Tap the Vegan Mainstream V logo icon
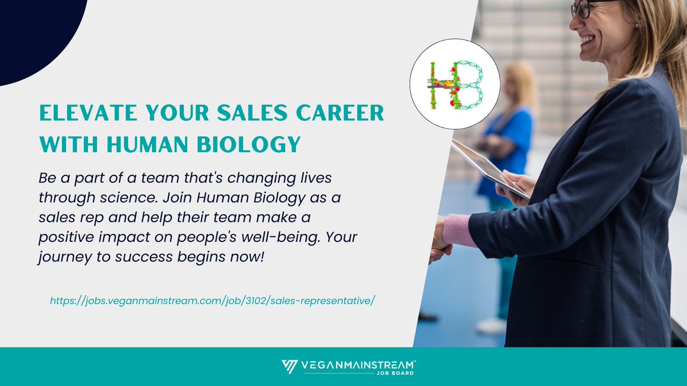pos(290,367)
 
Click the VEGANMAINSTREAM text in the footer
pos(358,364)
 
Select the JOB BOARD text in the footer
pos(401,372)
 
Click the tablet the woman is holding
pos(487,168)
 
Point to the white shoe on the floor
pos(491,325)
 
